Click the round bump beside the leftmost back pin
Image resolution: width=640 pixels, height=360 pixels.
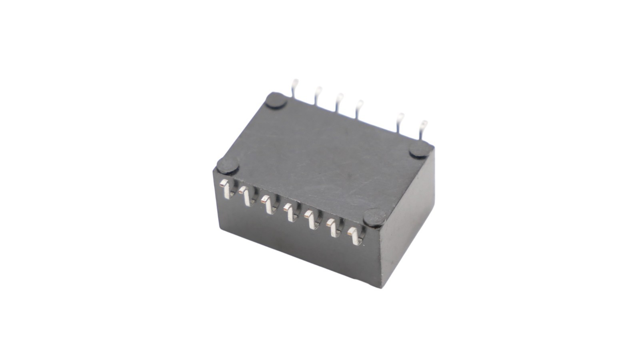click(x=276, y=101)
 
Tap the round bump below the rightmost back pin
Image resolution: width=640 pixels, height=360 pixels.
click(x=421, y=149)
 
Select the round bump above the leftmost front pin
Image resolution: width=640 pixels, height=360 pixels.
click(x=228, y=165)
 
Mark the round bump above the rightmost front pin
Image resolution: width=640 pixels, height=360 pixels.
click(x=375, y=218)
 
